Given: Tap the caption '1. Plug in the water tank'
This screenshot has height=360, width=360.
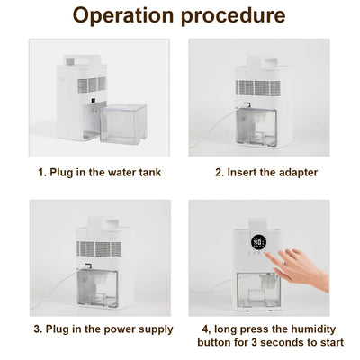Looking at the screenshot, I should click(99, 172).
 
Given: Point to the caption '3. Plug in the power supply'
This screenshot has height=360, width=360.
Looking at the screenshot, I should click(100, 329).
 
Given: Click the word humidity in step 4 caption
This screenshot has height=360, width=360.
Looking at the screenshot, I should click(311, 329).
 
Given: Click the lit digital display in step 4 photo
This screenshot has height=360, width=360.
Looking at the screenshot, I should click(259, 243).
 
